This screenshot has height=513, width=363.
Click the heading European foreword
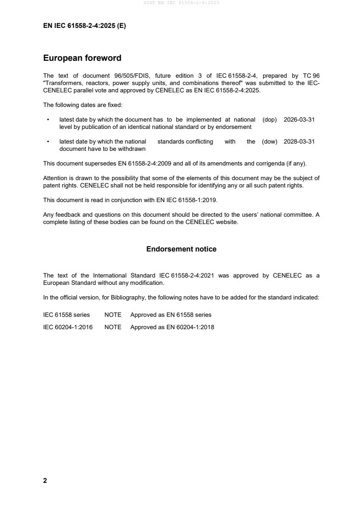click(x=82, y=58)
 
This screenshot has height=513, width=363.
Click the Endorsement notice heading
click(x=181, y=249)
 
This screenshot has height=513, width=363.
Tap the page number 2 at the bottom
click(x=45, y=481)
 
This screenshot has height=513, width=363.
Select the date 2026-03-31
click(x=299, y=119)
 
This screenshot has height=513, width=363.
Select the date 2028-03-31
click(x=299, y=142)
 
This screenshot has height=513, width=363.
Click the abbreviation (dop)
click(x=270, y=119)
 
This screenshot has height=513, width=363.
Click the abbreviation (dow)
click(x=270, y=142)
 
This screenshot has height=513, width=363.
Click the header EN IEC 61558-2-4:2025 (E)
click(x=84, y=26)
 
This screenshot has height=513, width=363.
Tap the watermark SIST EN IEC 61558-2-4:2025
click(x=181, y=3)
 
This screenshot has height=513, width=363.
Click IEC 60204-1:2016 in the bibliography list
click(x=68, y=327)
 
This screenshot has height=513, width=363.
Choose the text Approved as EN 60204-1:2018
click(x=172, y=327)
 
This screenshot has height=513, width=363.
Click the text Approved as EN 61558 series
click(x=171, y=315)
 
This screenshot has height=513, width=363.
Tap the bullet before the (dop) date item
click(x=48, y=120)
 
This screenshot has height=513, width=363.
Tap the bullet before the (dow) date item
click(x=48, y=142)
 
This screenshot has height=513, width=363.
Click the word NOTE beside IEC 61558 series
click(x=113, y=315)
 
